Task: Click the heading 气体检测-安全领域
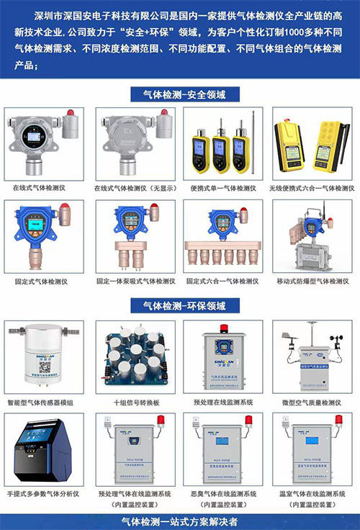(x=179, y=94)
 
